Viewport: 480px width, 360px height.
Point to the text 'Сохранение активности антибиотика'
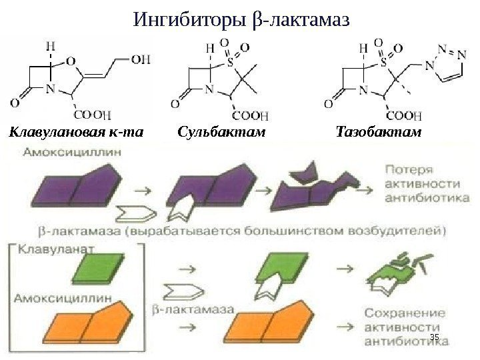click(x=404, y=328)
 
